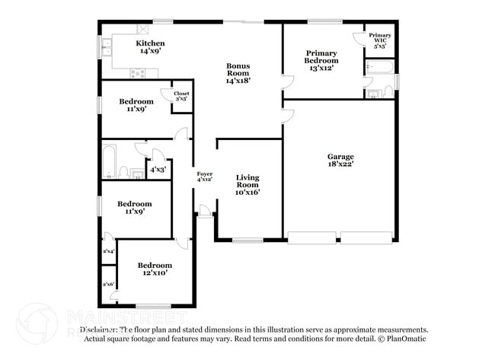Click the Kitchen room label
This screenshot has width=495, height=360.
coord(150,48)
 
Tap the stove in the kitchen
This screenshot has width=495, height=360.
coord(137,73)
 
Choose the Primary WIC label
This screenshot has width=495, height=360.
coord(380,40)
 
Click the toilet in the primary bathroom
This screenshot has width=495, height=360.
coord(388,92)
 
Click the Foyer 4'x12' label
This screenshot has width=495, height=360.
coord(204,177)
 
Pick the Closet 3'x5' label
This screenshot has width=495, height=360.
coord(181,95)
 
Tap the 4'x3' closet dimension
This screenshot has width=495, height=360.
coord(158,170)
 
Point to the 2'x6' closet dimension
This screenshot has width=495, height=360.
coord(108,284)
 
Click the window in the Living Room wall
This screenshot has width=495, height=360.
coord(247,241)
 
